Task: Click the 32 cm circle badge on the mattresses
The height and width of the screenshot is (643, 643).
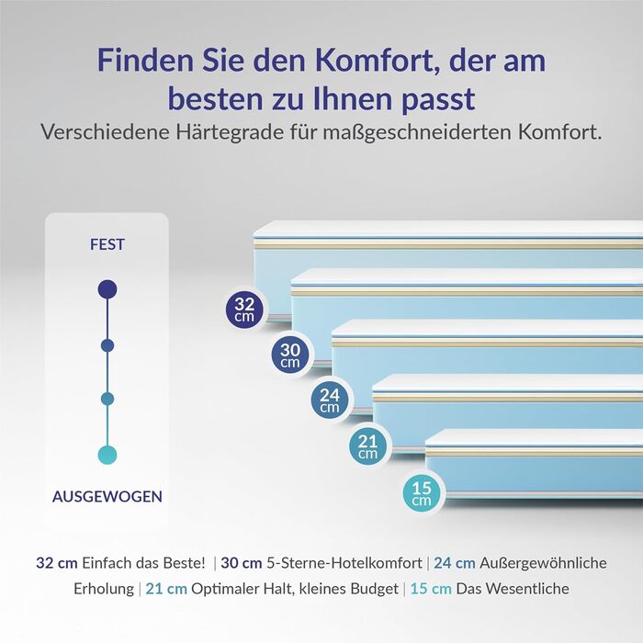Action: tap(244, 309)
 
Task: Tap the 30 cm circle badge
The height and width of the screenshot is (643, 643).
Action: tap(289, 354)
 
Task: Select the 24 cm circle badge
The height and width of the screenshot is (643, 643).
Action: tap(329, 400)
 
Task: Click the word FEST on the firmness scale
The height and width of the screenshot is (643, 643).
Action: tap(107, 245)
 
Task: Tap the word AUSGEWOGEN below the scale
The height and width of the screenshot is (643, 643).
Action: tap(107, 497)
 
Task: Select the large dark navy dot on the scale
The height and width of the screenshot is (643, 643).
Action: tap(107, 289)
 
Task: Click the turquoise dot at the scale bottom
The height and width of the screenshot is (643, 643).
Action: tap(107, 454)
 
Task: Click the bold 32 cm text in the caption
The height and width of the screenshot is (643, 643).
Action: tap(55, 563)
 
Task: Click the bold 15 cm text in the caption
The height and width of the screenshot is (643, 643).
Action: tap(431, 589)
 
